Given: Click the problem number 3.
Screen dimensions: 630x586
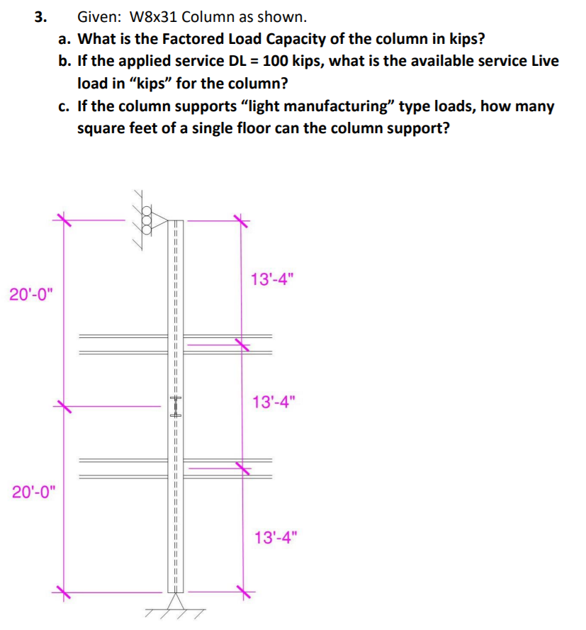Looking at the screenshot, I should click(40, 16).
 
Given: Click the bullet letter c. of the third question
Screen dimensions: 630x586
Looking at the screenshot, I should click(65, 106).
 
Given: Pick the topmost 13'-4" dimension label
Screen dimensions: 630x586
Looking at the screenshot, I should click(272, 279).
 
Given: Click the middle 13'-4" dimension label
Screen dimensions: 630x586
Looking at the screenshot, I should click(272, 404).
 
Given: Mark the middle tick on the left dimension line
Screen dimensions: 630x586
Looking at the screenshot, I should click(64, 406).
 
